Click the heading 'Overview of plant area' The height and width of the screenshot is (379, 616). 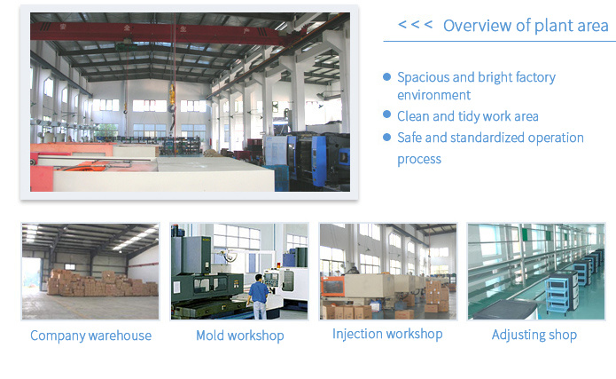tap(526, 26)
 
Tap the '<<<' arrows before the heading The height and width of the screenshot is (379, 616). tap(416, 25)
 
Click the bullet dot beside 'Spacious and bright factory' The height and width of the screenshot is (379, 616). tap(387, 76)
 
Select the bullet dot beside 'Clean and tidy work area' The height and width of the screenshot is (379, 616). tap(387, 114)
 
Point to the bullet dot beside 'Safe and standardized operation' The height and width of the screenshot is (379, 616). tap(387, 138)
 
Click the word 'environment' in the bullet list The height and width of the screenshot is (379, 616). tap(433, 95)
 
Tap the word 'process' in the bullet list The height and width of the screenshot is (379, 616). tap(419, 160)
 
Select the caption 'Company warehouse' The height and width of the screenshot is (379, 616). tap(90, 336)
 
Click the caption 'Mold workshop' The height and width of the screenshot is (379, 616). tap(240, 336)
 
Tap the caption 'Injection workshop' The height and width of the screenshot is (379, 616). tap(387, 334)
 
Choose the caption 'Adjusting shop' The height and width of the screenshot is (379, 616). tap(534, 335)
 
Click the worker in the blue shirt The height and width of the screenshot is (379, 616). tap(259, 296)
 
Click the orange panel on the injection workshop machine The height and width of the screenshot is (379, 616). tap(332, 286)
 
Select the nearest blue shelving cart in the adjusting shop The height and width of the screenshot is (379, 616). tap(562, 292)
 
